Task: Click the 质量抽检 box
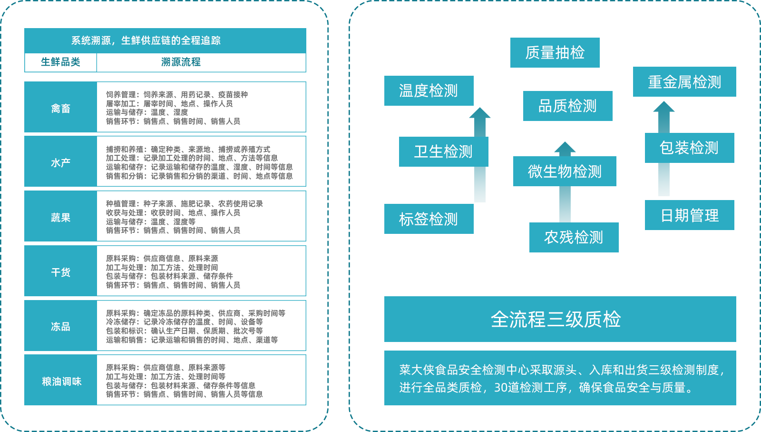[555, 52]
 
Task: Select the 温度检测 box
[429, 90]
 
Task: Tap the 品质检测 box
[567, 106]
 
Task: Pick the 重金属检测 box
[684, 82]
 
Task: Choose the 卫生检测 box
[443, 151]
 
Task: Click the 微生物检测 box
[565, 171]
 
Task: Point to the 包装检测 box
[689, 148]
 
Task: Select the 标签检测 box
[429, 219]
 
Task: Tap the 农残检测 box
[574, 237]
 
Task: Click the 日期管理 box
[690, 215]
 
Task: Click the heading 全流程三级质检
[556, 319]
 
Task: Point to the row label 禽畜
[61, 109]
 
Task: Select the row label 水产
[61, 163]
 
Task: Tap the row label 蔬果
[61, 218]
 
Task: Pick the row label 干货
[61, 272]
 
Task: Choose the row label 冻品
[61, 327]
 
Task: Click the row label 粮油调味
[62, 382]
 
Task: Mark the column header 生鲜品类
[60, 62]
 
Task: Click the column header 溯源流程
[181, 62]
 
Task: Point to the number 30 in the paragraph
[500, 388]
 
